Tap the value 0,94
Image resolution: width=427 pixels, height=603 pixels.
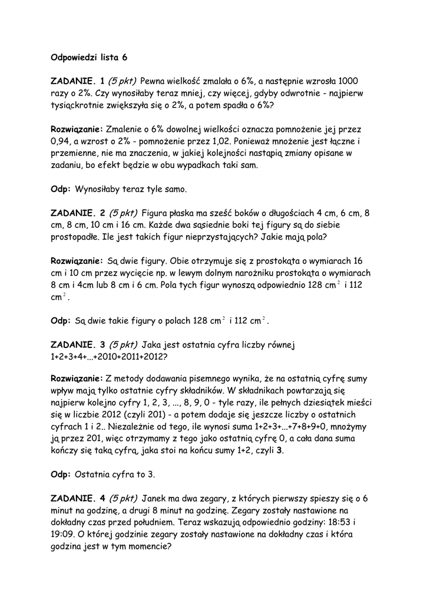pos(62,141)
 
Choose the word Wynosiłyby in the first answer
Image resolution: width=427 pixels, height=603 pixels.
pos(100,190)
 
